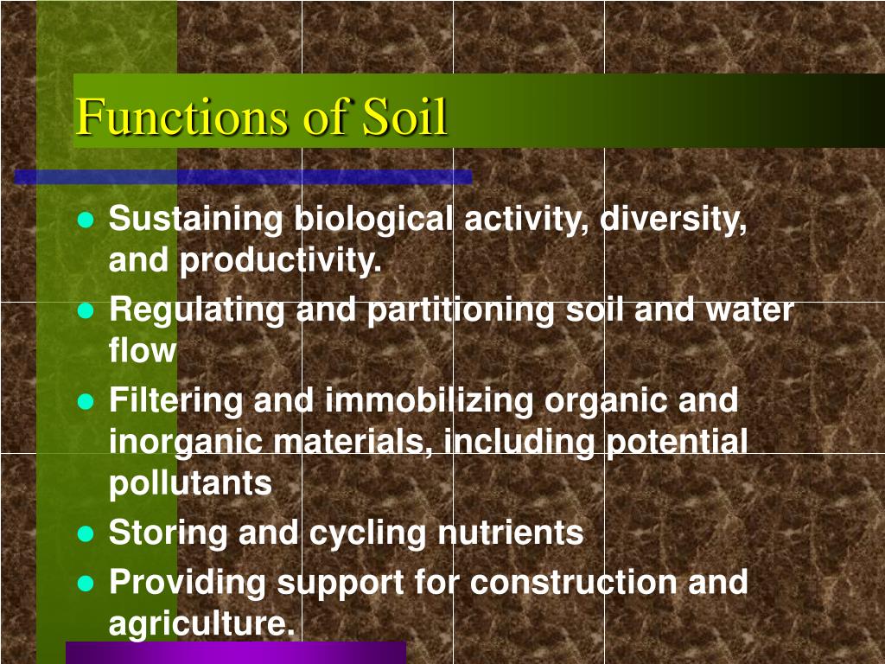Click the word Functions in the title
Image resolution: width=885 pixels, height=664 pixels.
click(176, 118)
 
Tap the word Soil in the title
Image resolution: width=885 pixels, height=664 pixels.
click(404, 118)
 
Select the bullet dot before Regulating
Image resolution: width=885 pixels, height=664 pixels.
click(85, 311)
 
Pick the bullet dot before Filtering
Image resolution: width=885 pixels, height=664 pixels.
click(85, 401)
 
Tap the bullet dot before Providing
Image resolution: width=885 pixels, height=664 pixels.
click(85, 583)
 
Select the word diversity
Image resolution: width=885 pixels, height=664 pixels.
click(674, 220)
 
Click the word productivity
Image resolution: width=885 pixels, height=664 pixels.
click(280, 261)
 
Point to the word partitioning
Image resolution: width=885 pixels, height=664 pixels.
click(462, 310)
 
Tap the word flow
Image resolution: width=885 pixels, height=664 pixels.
click(142, 351)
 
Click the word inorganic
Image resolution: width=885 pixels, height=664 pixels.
click(185, 442)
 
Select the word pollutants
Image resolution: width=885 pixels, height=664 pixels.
click(190, 484)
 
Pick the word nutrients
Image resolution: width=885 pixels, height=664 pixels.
click(511, 533)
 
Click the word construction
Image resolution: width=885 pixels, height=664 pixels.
click(574, 582)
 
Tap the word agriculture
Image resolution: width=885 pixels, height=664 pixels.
click(201, 623)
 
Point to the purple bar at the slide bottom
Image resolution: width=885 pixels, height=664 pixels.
click(235, 652)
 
